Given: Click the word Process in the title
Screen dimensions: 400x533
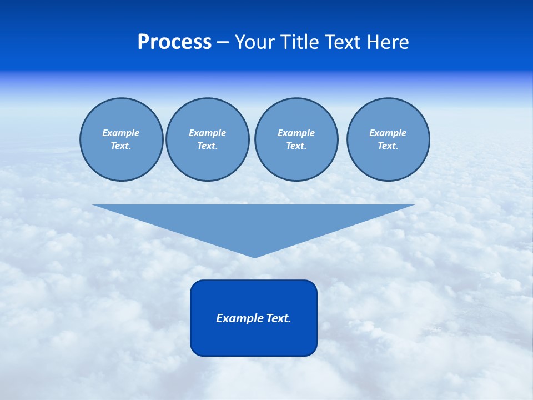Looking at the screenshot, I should pyautogui.click(x=174, y=42).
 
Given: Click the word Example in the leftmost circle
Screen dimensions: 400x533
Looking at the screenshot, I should pyautogui.click(x=121, y=133).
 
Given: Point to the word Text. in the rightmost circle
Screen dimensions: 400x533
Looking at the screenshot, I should pyautogui.click(x=388, y=146).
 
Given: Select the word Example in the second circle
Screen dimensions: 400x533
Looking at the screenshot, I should pyautogui.click(x=208, y=133).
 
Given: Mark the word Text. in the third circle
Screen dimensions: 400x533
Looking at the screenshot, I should pyautogui.click(x=296, y=146).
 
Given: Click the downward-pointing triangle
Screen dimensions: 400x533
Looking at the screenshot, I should pyautogui.click(x=254, y=222).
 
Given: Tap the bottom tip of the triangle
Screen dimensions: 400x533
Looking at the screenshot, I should pyautogui.click(x=254, y=256).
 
